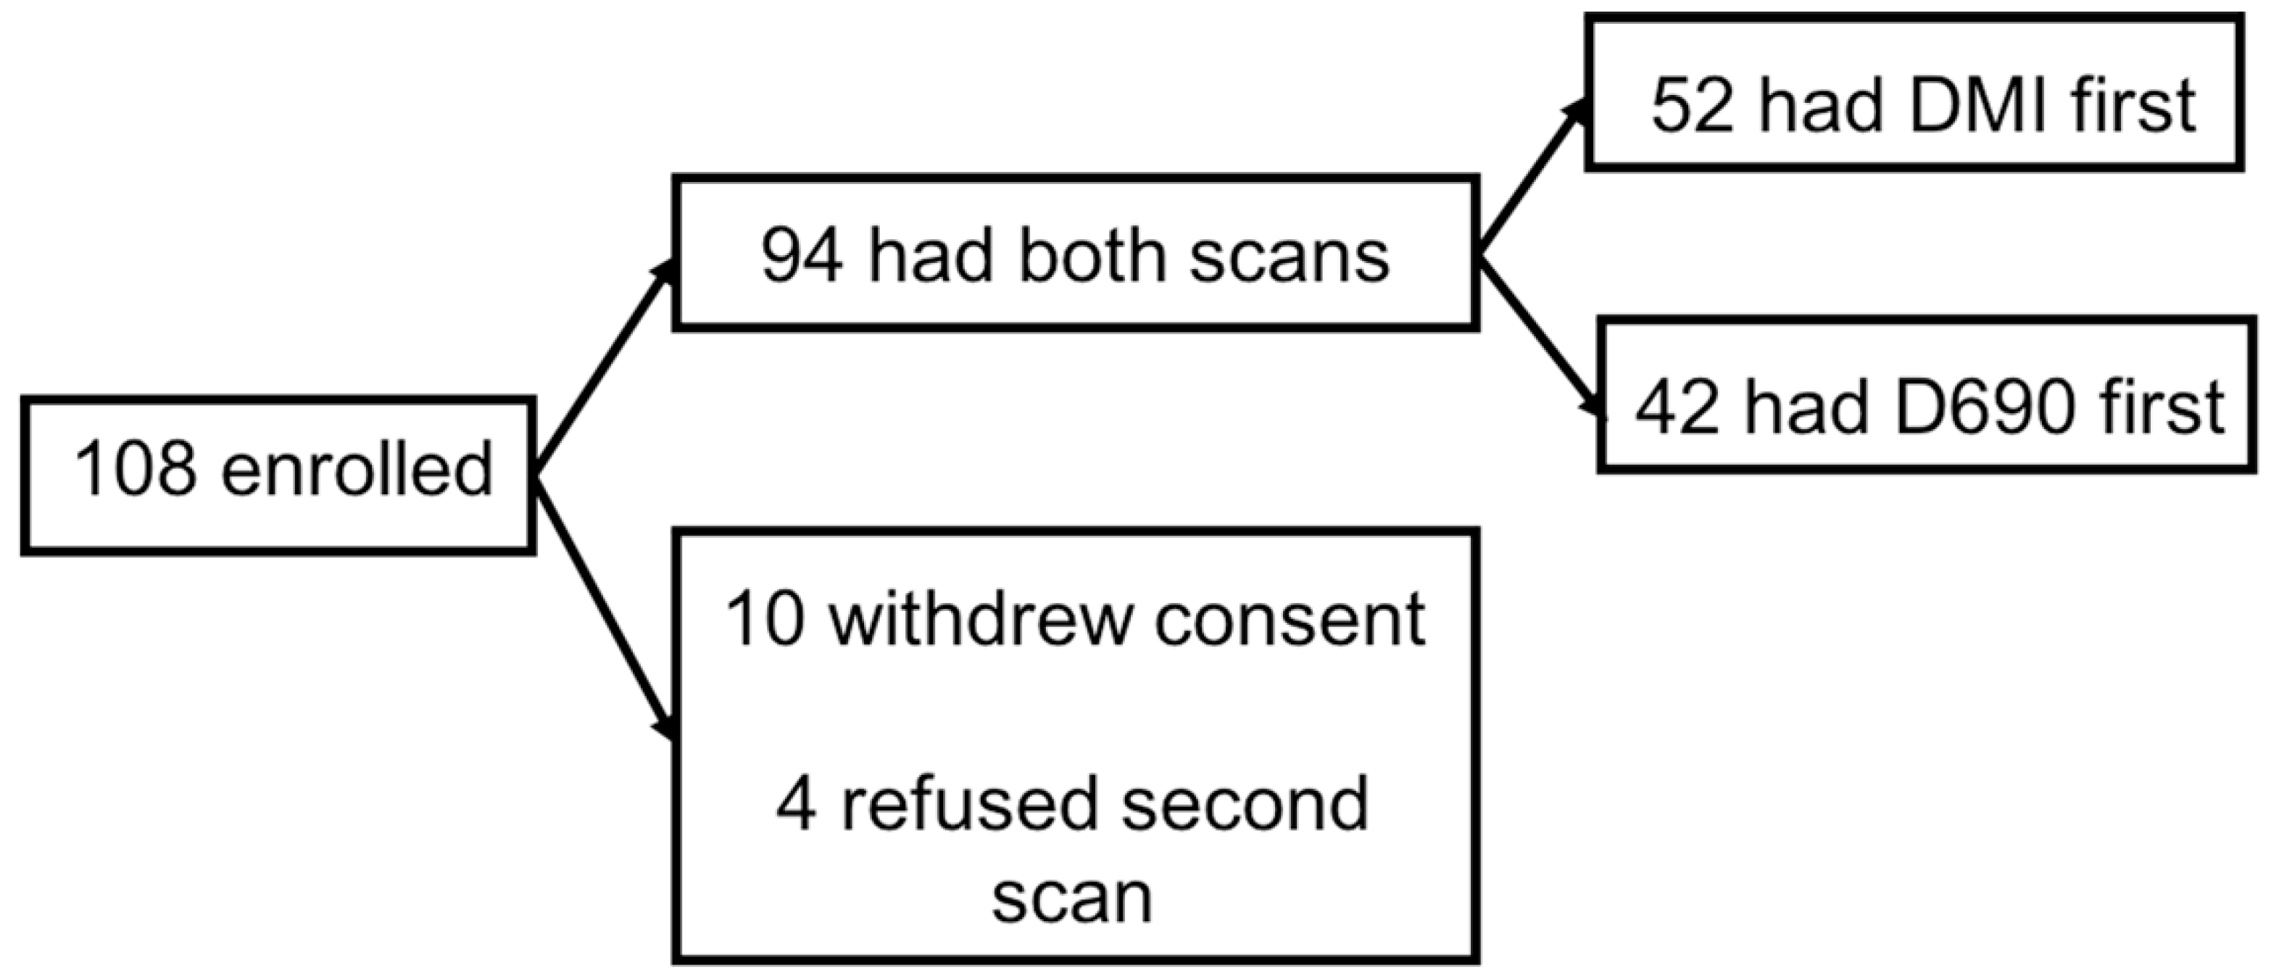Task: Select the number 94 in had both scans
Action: coord(802,257)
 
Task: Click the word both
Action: coord(1096,257)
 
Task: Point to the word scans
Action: coord(1289,257)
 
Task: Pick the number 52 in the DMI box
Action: coord(1692,106)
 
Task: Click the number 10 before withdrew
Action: coord(764,620)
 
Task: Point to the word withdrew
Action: coord(980,620)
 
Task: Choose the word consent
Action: coord(1290,620)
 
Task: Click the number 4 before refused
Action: coord(795,805)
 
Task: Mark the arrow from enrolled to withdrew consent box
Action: coord(607,608)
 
